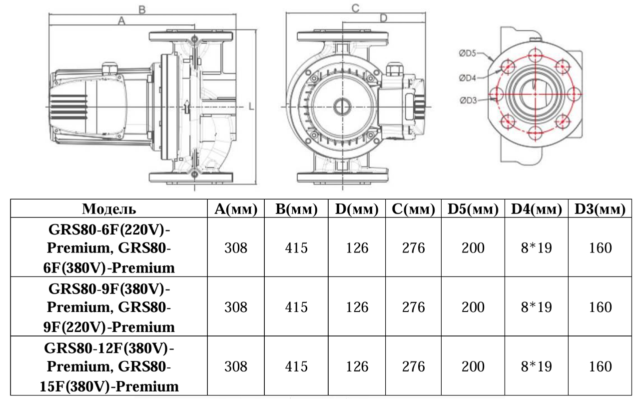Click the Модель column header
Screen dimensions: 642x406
pos(109,209)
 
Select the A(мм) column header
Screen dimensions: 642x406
pos(236,209)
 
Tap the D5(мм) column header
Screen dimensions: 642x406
pos(473,209)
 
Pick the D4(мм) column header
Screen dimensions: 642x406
pos(537,209)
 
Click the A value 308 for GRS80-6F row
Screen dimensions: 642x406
pos(236,248)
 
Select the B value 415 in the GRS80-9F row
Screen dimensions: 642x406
pos(296,307)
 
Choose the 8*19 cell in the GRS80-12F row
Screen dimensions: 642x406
pos(537,366)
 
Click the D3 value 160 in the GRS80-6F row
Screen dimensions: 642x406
pos(600,248)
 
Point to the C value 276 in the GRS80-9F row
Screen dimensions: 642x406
pos(414,307)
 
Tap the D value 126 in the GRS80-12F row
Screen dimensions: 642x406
pos(357,366)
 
